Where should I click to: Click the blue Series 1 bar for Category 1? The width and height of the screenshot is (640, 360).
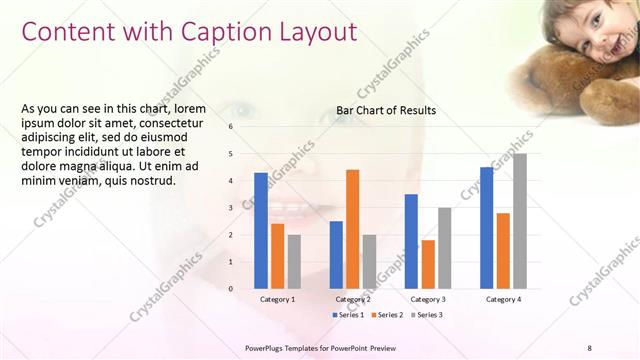(261, 231)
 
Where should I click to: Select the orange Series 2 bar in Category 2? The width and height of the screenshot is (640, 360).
(352, 229)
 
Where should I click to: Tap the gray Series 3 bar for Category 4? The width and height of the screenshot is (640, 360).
(519, 221)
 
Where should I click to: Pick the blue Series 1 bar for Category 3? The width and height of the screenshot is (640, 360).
(411, 241)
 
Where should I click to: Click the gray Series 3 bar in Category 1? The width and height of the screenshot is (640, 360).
(294, 262)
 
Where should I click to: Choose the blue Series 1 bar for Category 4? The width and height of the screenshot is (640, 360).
(486, 228)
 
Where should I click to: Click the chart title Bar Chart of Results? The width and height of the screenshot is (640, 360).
(386, 110)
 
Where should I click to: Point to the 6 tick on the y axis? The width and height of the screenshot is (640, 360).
(230, 127)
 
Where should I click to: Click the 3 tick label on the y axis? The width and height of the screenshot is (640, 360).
(230, 208)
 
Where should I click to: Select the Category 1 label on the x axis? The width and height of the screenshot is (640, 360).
(277, 299)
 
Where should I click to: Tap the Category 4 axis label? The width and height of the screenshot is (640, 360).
(503, 299)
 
